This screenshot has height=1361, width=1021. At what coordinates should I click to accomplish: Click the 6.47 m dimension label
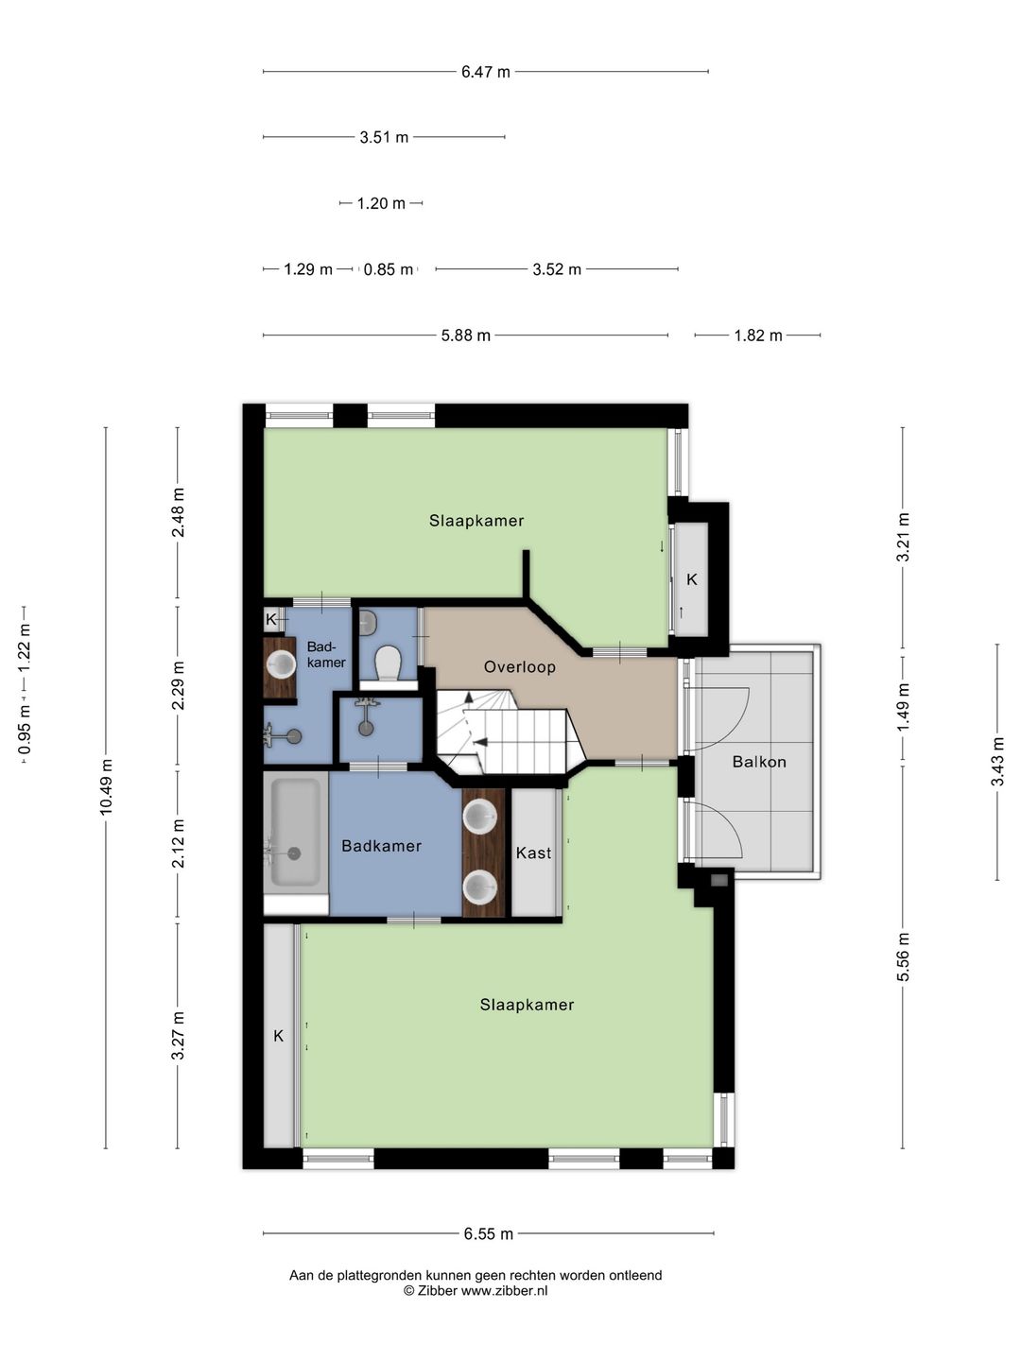point(485,72)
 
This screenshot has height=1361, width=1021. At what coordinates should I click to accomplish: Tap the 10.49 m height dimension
point(106,786)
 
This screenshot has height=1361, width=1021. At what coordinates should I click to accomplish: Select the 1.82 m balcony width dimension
point(757,336)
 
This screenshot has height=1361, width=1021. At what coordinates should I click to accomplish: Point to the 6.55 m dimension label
point(489,1233)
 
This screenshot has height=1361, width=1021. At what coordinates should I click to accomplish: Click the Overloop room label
point(520,667)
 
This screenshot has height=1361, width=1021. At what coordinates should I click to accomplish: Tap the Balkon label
point(759,762)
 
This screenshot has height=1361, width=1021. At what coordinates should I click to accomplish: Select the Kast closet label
point(533,853)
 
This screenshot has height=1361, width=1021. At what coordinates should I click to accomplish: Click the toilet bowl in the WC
point(389,663)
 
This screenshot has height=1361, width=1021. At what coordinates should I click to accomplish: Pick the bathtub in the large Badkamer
point(296,832)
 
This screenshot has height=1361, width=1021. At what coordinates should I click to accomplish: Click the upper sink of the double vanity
point(480,816)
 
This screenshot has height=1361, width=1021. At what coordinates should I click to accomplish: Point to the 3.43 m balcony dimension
point(996,762)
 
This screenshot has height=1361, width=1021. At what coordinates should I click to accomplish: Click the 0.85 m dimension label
point(388,269)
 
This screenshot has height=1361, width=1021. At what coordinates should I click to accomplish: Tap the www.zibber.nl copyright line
point(476,1291)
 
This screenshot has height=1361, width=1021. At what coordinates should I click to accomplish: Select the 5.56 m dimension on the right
point(903,965)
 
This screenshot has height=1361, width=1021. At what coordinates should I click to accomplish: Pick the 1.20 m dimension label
point(381,203)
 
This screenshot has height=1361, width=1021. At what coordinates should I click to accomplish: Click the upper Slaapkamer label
point(476,521)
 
